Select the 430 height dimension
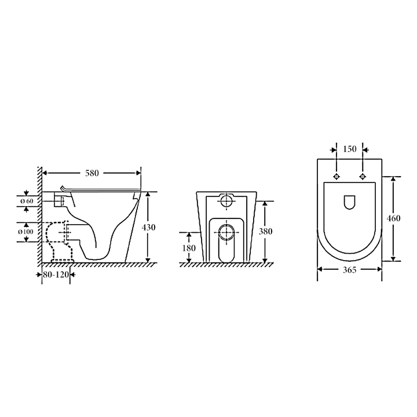click(149, 227)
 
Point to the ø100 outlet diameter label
click(27, 232)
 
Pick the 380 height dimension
click(265, 231)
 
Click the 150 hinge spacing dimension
click(349, 149)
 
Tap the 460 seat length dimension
click(394, 218)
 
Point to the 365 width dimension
click(349, 270)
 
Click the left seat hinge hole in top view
click(336, 176)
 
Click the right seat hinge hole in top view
click(363, 176)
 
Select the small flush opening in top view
click(349, 202)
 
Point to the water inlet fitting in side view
click(58, 200)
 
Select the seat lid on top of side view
click(101, 189)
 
